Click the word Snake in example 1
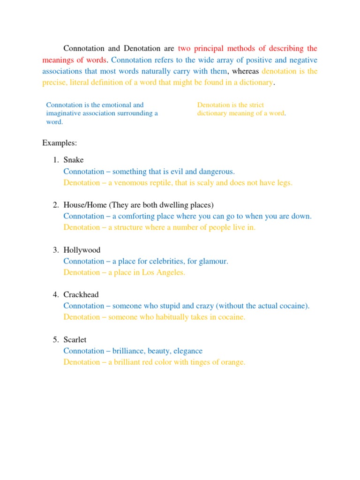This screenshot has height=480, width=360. [x=74, y=160]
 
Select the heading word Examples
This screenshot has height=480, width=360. [x=60, y=142]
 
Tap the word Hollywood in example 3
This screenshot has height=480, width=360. [x=82, y=250]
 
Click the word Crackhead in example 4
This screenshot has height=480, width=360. [x=81, y=295]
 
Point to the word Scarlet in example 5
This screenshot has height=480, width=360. [x=75, y=340]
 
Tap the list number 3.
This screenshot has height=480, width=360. [x=55, y=250]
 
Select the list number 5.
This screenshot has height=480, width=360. [x=55, y=340]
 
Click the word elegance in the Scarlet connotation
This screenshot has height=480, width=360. [x=187, y=351]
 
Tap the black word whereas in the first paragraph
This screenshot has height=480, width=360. [x=246, y=71]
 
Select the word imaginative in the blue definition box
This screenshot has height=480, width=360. [x=65, y=113]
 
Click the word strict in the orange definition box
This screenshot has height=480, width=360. [x=255, y=105]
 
